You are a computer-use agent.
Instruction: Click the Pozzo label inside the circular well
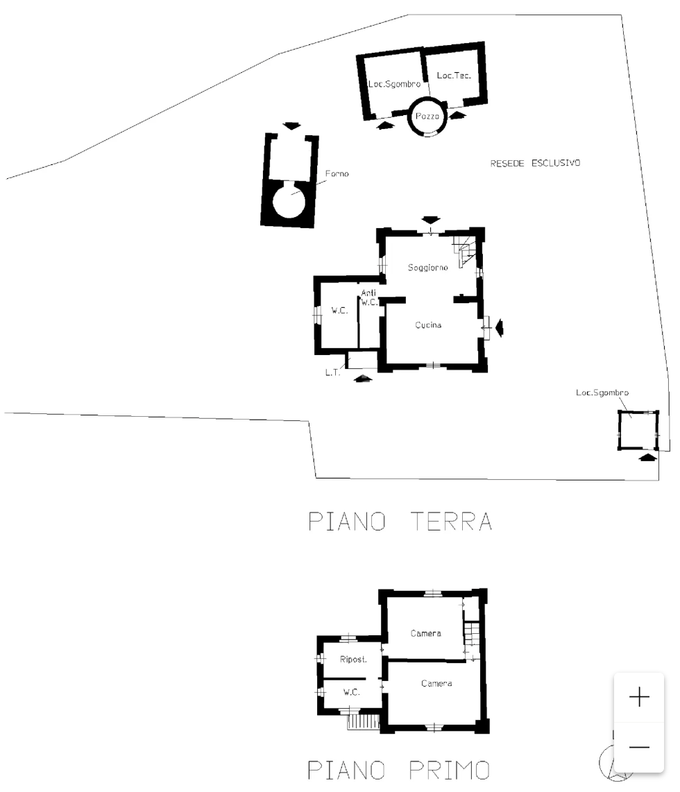pyautogui.click(x=427, y=117)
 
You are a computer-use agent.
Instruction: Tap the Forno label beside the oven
pyautogui.click(x=337, y=174)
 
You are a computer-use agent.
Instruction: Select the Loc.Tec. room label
pyautogui.click(x=454, y=76)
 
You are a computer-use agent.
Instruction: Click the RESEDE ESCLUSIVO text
pyautogui.click(x=535, y=164)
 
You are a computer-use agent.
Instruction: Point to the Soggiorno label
pyautogui.click(x=427, y=267)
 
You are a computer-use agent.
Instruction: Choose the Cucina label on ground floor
pyautogui.click(x=428, y=325)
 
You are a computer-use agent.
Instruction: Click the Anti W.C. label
pyautogui.click(x=368, y=298)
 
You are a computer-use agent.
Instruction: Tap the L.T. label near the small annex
pyautogui.click(x=332, y=373)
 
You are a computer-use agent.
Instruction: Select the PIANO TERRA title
pyautogui.click(x=400, y=522)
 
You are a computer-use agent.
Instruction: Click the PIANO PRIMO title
pyautogui.click(x=399, y=770)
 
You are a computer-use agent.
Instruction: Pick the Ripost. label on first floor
pyautogui.click(x=353, y=660)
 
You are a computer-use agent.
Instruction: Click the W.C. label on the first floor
pyautogui.click(x=351, y=692)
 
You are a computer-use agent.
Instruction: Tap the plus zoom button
pyautogui.click(x=638, y=697)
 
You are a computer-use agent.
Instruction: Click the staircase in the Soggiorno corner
pyautogui.click(x=465, y=248)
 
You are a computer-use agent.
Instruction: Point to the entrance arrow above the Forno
pyautogui.click(x=292, y=126)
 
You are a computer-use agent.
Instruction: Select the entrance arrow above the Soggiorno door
pyautogui.click(x=431, y=220)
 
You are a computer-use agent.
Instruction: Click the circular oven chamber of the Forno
pyautogui.click(x=289, y=200)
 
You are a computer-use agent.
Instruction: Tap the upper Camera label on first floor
pyautogui.click(x=425, y=633)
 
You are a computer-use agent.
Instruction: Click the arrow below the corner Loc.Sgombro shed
pyautogui.click(x=647, y=457)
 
